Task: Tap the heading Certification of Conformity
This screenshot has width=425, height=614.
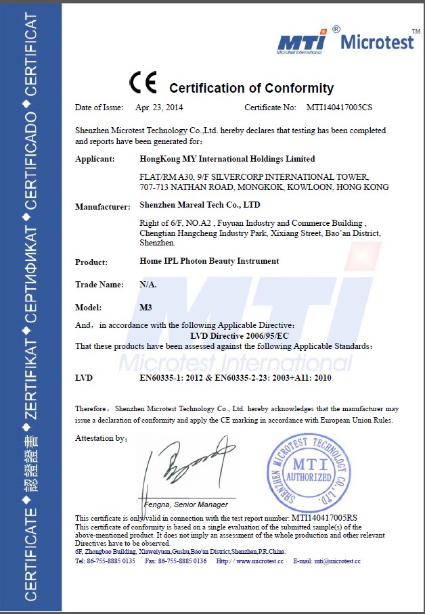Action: [251, 88]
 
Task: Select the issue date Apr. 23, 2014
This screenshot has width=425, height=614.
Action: [159, 107]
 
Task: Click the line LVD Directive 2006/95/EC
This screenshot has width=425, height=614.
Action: [234, 335]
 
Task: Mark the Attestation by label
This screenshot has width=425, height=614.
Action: [102, 438]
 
